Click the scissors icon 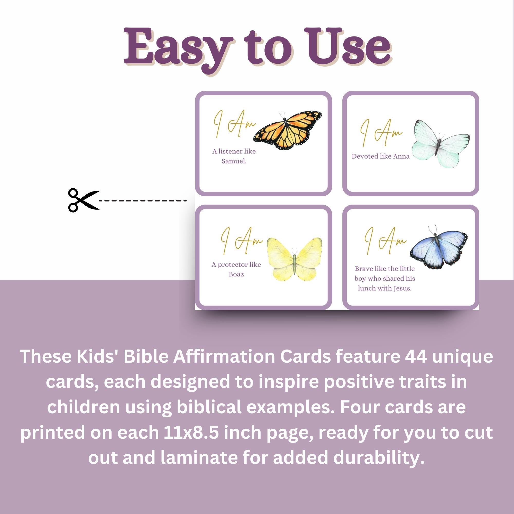coord(83,200)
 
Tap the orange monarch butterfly coord(288,130)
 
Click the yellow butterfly coord(294,259)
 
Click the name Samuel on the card coord(234,161)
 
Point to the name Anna coord(401,156)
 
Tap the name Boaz coord(236,274)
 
